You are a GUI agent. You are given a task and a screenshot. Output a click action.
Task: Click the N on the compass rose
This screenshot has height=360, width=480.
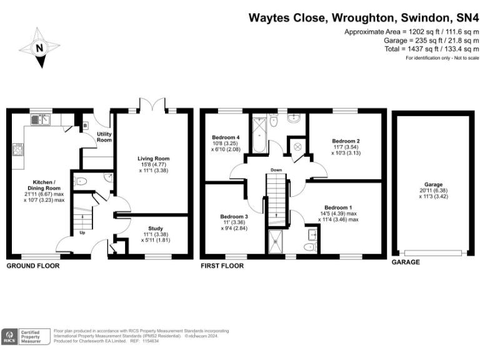tap(39, 47)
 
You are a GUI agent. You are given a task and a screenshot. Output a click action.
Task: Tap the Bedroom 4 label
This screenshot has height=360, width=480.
tap(226, 137)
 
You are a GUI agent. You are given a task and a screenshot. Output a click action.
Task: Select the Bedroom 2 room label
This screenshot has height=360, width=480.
tap(346, 141)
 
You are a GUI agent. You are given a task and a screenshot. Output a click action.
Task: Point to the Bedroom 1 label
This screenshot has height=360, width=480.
tap(337, 207)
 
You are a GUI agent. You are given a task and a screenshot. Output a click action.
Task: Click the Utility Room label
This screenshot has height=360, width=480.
tap(104, 137)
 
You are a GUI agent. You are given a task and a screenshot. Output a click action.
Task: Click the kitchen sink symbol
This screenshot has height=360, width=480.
tap(42, 117)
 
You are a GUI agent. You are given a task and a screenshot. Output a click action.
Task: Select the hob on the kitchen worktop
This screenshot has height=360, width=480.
tap(17, 150)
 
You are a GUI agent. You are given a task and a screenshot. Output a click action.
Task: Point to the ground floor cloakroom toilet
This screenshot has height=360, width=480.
tap(82, 182)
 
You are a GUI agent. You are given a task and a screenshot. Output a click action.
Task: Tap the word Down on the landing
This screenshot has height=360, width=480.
tap(277, 169)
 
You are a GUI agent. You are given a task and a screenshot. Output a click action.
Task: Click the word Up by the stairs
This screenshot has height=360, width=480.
tap(82, 232)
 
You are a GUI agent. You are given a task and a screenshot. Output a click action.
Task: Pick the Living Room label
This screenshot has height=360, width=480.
tap(154, 159)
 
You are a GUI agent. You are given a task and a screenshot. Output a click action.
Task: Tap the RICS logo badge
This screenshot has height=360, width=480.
tap(11, 337)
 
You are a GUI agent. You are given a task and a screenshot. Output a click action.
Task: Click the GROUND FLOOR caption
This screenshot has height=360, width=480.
tap(32, 266)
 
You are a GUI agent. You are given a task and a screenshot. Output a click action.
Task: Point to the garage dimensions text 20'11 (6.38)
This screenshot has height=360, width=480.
tap(434, 191)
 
